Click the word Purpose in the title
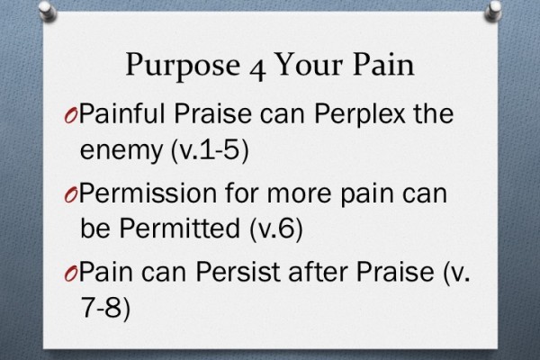click(x=173, y=67)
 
